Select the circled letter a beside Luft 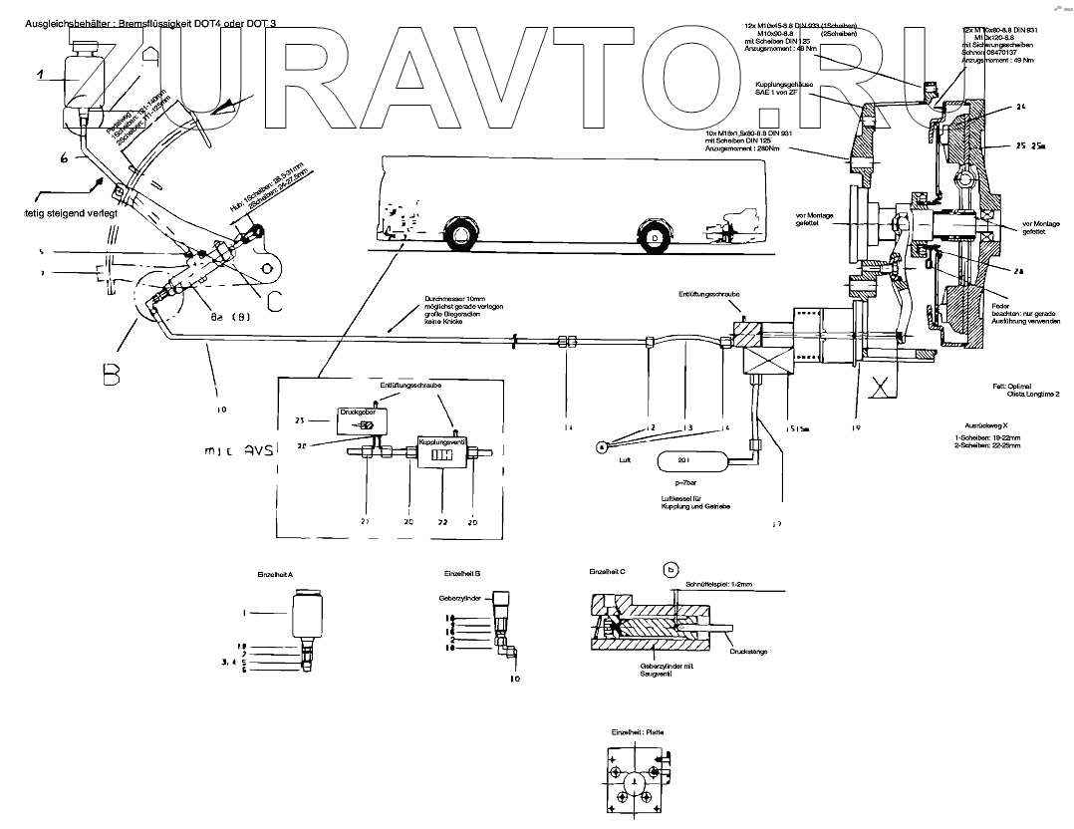pyautogui.click(x=605, y=447)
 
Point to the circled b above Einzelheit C pyautogui.click(x=671, y=570)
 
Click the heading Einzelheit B pyautogui.click(x=462, y=574)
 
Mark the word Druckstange pyautogui.click(x=749, y=654)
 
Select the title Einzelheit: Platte pyautogui.click(x=635, y=730)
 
